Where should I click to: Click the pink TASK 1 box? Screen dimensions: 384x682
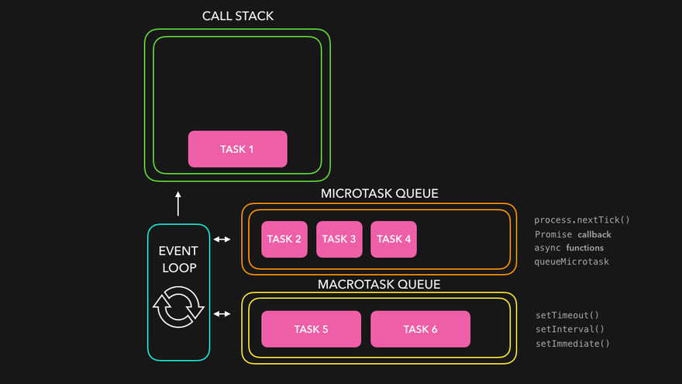point(237,149)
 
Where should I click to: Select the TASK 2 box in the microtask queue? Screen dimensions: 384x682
point(284,239)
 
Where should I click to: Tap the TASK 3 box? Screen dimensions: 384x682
point(339,239)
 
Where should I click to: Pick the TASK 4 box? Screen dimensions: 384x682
point(394,239)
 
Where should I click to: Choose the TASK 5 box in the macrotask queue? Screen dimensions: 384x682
point(311,329)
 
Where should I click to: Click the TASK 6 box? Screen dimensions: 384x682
point(420,329)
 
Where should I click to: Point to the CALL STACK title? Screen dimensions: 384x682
point(237,16)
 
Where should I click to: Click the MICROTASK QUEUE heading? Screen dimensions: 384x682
point(379,193)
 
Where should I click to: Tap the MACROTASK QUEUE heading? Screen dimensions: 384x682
point(379,284)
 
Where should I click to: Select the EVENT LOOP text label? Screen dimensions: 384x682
point(178,259)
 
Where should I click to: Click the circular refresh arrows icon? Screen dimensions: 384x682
point(178,308)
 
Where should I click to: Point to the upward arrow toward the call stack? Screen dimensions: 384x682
point(178,204)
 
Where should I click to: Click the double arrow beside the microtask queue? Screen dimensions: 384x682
point(222,239)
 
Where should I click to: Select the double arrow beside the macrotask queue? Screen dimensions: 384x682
point(222,313)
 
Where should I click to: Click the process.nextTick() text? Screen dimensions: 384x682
point(582,220)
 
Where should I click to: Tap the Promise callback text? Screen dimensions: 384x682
point(573,234)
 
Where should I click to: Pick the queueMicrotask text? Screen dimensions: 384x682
point(571,261)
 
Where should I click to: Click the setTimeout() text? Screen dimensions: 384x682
point(567,316)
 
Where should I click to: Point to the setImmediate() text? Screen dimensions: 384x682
point(573,343)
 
